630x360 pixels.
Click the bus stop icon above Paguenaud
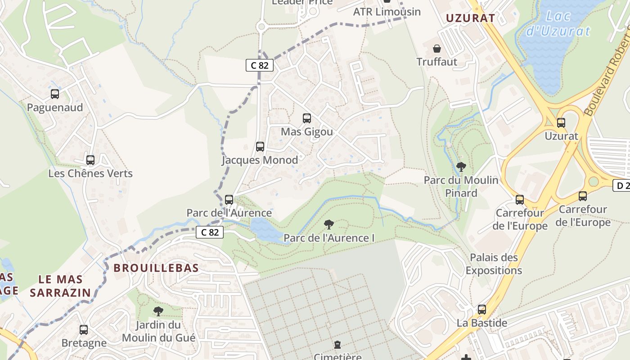tap(55, 94)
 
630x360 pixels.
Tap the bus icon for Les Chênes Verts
tap(90, 160)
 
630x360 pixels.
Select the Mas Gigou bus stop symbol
tap(307, 118)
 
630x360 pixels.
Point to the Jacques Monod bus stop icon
tap(260, 146)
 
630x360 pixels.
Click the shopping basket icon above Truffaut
tap(436, 49)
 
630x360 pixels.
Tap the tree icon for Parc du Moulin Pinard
tap(461, 167)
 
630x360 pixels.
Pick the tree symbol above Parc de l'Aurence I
tap(329, 224)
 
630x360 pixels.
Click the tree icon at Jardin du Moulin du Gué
tap(158, 311)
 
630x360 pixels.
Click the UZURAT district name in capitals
tap(470, 18)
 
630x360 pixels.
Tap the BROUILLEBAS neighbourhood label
tap(156, 268)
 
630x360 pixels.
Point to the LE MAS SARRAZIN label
tap(60, 286)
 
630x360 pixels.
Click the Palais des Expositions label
tap(494, 264)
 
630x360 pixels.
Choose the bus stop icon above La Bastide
tap(482, 310)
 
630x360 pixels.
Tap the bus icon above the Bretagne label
tap(84, 329)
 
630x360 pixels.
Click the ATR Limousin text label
tap(387, 12)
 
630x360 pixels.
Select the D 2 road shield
tap(622, 185)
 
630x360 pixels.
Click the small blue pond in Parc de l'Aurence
tap(265, 229)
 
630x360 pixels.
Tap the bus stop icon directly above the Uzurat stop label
tap(561, 122)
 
